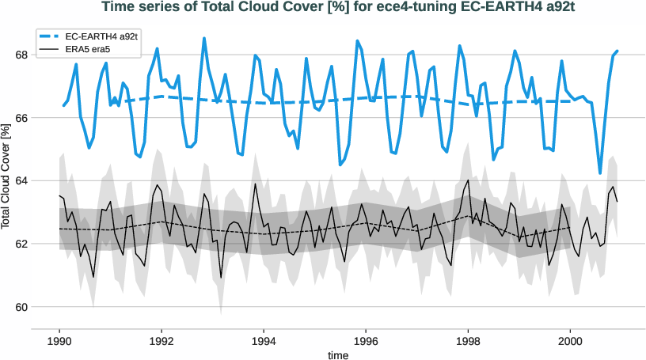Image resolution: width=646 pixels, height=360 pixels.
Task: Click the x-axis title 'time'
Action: tap(339, 355)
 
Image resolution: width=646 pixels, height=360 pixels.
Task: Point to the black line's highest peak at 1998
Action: tap(468, 180)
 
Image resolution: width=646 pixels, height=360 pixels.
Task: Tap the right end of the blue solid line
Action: tap(617, 51)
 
